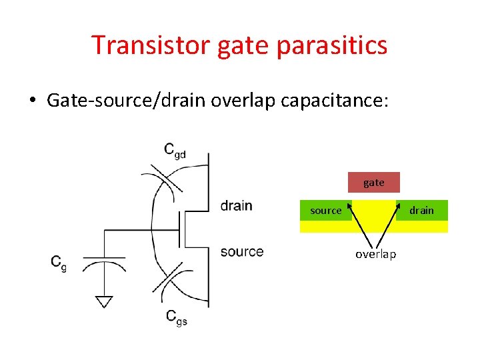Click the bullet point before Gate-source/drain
[x=32, y=101]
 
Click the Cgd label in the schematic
[x=175, y=150]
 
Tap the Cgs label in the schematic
[x=176, y=317]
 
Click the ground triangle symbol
[x=103, y=302]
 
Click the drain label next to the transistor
[x=237, y=205]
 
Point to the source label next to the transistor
[x=241, y=251]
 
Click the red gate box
[x=374, y=183]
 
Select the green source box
[x=325, y=211]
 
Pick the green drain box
[x=421, y=211]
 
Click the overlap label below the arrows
[x=375, y=254]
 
